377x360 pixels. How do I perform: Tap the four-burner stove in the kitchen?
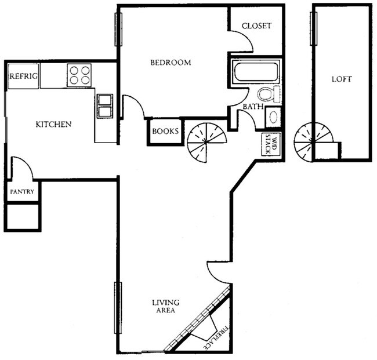(x=79, y=75)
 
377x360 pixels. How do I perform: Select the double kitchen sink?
(x=105, y=107)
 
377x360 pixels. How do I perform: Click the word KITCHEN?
(x=53, y=124)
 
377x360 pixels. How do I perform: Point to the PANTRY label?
(x=23, y=191)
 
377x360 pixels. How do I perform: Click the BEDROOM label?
(x=171, y=63)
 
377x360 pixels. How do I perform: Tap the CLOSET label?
(x=256, y=26)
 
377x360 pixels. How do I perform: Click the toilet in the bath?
(x=268, y=94)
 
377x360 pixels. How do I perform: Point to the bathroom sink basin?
(x=273, y=117)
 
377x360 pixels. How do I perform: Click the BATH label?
(x=252, y=107)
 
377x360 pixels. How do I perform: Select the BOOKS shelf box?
(x=165, y=131)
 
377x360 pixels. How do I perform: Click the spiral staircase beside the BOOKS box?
(x=206, y=140)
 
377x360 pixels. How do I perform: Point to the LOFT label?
(x=342, y=79)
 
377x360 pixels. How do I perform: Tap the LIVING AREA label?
(x=165, y=306)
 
